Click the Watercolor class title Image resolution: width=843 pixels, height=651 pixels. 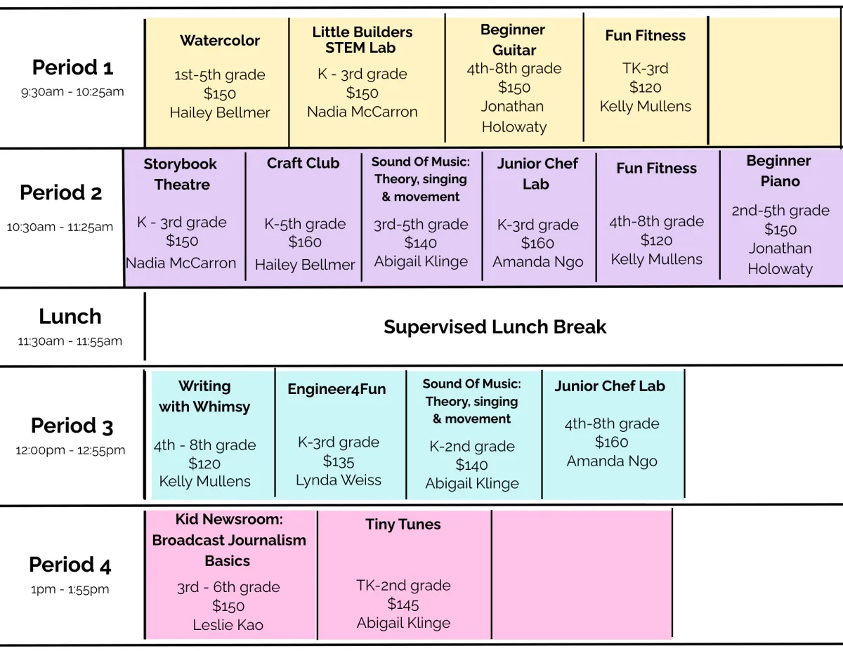pyautogui.click(x=220, y=41)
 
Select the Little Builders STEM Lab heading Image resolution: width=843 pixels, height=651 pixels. pyautogui.click(x=362, y=40)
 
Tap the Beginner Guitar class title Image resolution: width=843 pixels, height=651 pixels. pyautogui.click(x=513, y=40)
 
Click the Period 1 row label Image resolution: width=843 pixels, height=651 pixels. pyautogui.click(x=72, y=67)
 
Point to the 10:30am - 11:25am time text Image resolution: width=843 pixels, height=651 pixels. pyautogui.click(x=60, y=227)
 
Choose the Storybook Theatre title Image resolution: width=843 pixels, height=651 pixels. pyautogui.click(x=181, y=174)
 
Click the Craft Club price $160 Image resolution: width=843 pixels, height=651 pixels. pyautogui.click(x=305, y=242)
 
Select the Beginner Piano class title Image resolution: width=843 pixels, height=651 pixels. pyautogui.click(x=778, y=171)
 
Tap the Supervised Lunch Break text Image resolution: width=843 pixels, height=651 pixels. pyautogui.click(x=495, y=327)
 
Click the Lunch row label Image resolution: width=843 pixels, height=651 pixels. pyautogui.click(x=70, y=317)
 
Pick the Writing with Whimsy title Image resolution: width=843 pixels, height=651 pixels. pyautogui.click(x=204, y=396)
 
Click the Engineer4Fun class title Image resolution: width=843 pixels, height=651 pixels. pyautogui.click(x=336, y=389)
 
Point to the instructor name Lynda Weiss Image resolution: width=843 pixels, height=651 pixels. pyautogui.click(x=339, y=480)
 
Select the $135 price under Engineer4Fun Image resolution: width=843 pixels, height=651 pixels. pyautogui.click(x=339, y=461)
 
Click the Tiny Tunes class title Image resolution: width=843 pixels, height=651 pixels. pyautogui.click(x=403, y=525)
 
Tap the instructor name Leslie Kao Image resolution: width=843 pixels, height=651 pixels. pyautogui.click(x=228, y=624)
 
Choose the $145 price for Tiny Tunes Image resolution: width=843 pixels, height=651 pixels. pyautogui.click(x=403, y=604)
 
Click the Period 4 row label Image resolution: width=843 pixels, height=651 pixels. pyautogui.click(x=70, y=565)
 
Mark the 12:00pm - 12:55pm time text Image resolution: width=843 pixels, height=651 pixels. pyautogui.click(x=70, y=450)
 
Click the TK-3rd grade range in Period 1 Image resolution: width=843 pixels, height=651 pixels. pyautogui.click(x=645, y=69)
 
